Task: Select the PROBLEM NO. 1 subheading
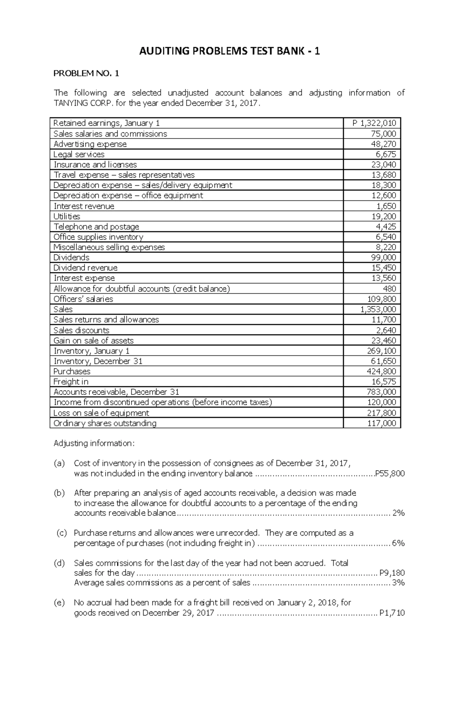click(86, 74)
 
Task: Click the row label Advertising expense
click(90, 144)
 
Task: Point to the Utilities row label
click(67, 217)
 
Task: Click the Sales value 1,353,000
click(378, 309)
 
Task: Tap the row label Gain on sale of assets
click(93, 341)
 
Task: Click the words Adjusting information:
click(94, 444)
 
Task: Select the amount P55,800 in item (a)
click(390, 474)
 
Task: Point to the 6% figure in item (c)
click(398, 544)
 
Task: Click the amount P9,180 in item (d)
click(392, 573)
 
